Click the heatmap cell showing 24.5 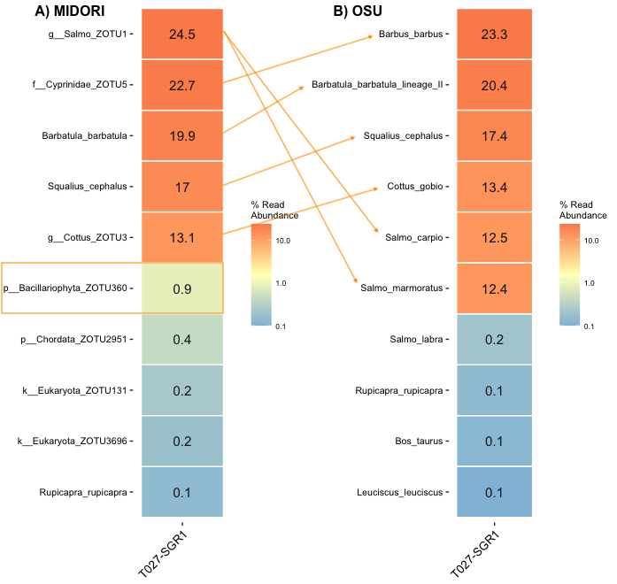(x=181, y=35)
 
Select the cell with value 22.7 (x=181, y=85)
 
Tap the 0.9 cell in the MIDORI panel (x=181, y=288)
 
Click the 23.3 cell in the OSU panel (x=494, y=35)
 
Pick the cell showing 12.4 (x=494, y=288)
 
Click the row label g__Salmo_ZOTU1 (x=88, y=35)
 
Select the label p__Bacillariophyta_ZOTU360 (x=66, y=288)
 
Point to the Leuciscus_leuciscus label (x=397, y=492)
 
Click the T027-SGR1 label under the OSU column (x=477, y=554)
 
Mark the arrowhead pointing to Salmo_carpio (x=379, y=235)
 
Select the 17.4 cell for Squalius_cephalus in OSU (x=494, y=136)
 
